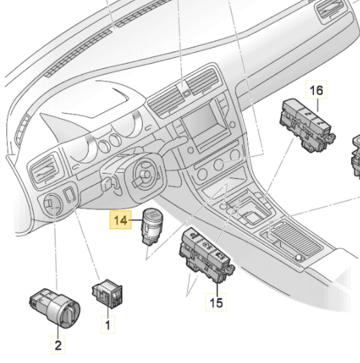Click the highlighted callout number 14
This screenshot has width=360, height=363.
point(120,220)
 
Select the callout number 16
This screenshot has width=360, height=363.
point(316,90)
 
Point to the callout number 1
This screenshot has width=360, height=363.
point(107,325)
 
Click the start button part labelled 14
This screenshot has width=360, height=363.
point(151,225)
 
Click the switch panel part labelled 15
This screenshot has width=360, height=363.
point(205,252)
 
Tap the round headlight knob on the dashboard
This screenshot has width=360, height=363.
point(51,204)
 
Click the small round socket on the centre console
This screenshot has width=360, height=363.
point(299,257)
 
